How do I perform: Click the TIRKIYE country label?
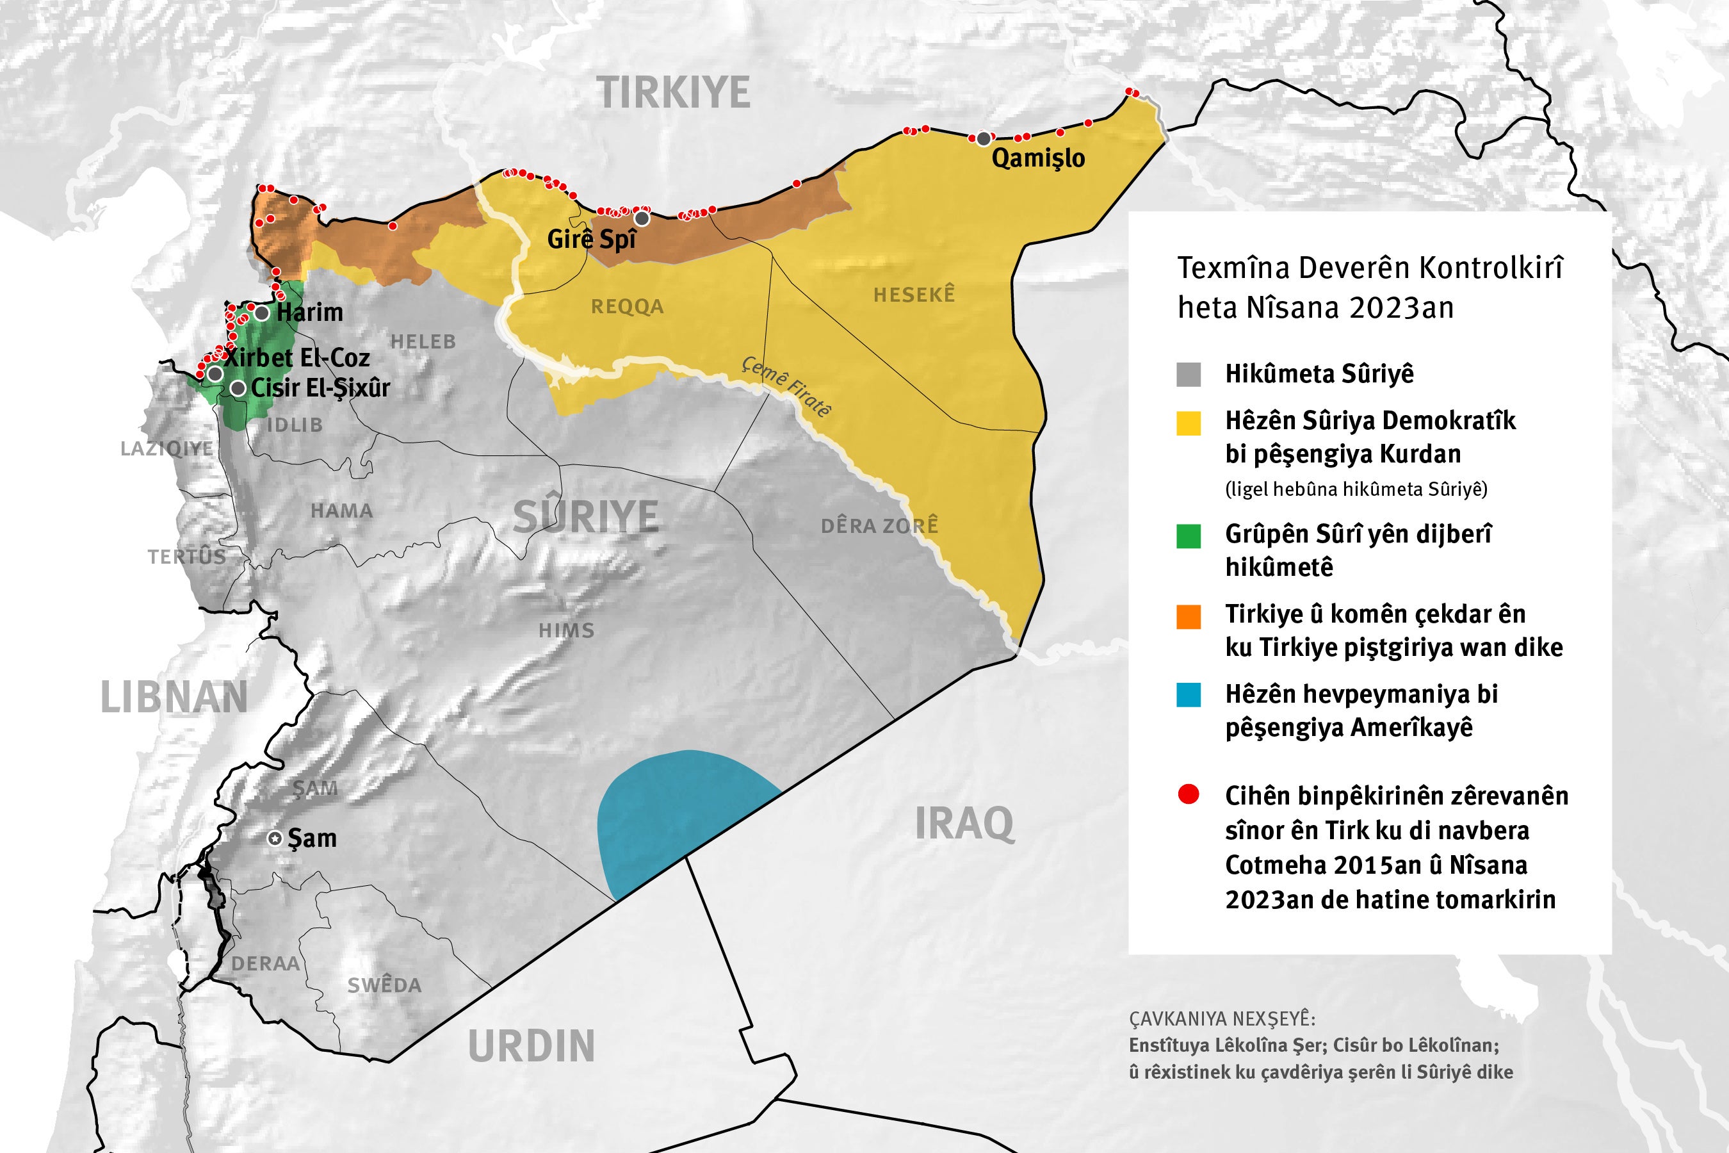click(674, 94)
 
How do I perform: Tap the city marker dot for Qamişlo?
click(984, 139)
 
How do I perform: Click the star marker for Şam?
click(275, 838)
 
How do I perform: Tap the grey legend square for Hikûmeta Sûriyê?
click(1189, 374)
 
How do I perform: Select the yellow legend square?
click(1189, 423)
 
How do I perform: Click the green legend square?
click(1189, 536)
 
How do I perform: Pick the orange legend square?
click(1189, 616)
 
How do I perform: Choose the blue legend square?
click(1189, 695)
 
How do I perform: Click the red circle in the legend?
click(1189, 794)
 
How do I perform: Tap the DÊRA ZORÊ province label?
click(879, 526)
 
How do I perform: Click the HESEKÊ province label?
click(914, 295)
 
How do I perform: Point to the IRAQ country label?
click(964, 824)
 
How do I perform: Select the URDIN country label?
click(531, 1047)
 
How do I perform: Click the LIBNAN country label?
click(174, 697)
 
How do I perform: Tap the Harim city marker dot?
click(262, 313)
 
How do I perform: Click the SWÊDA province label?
click(384, 985)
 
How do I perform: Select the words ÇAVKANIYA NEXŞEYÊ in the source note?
click(1222, 1018)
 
